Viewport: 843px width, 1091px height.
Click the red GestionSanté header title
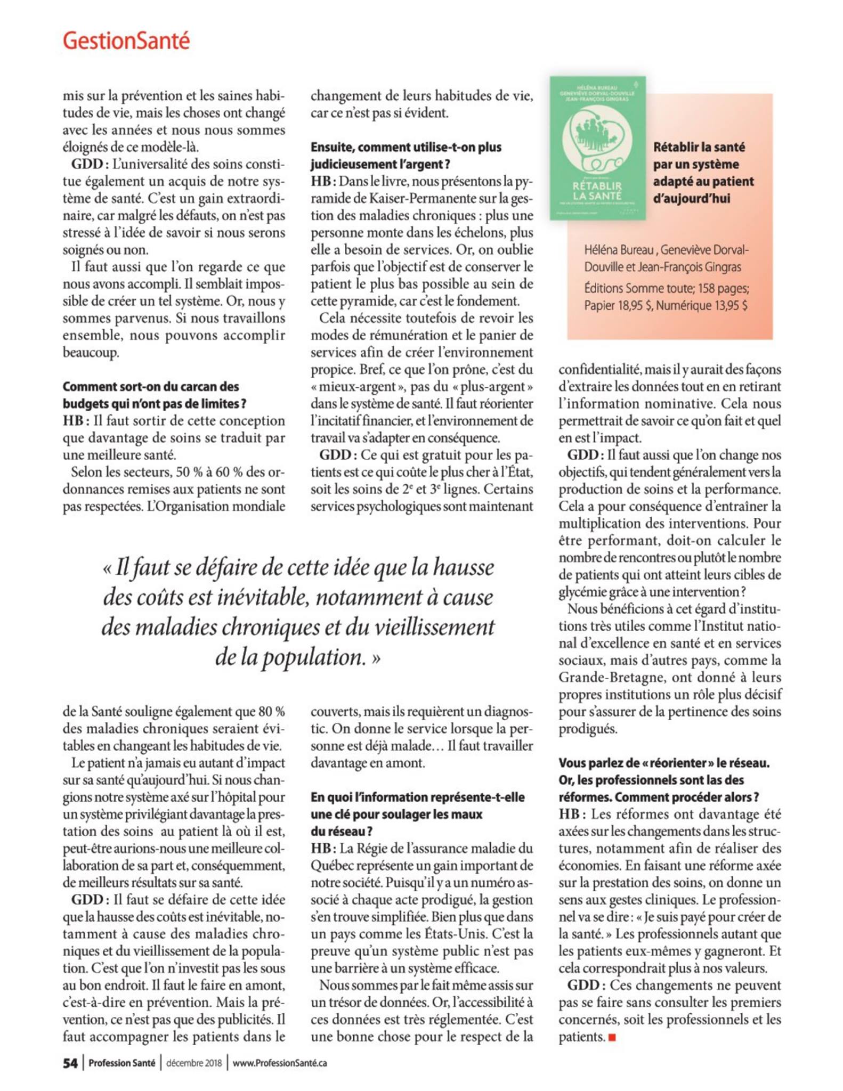(126, 41)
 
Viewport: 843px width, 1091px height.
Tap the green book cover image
(597, 148)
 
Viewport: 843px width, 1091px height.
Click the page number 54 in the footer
(70, 1063)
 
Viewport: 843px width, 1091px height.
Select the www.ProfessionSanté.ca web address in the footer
(280, 1063)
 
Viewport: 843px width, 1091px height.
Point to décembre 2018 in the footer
(194, 1063)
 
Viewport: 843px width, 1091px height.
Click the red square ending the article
(612, 1037)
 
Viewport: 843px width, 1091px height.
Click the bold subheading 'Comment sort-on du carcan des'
(151, 387)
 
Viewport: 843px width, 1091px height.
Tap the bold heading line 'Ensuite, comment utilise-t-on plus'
(406, 147)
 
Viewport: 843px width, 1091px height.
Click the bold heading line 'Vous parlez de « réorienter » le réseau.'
(664, 763)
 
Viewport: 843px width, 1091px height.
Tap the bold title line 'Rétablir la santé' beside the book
(699, 147)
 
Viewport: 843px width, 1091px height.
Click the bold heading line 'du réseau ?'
(342, 831)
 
